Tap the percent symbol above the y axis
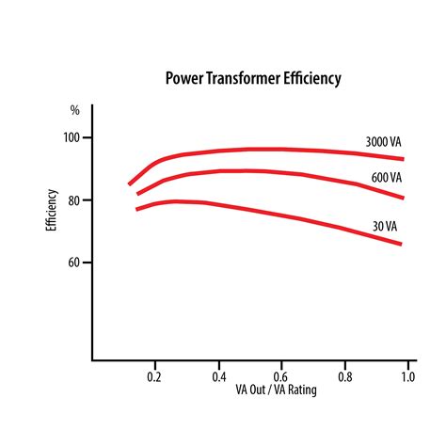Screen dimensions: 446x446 coord(75,110)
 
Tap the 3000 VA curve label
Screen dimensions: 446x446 coord(385,142)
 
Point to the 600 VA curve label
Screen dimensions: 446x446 coord(388,177)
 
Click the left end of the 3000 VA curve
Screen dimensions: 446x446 coord(130,183)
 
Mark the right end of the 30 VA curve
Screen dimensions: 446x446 coord(402,245)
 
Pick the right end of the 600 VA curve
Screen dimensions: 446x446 coord(403,198)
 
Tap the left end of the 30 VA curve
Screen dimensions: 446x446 coord(137,208)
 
